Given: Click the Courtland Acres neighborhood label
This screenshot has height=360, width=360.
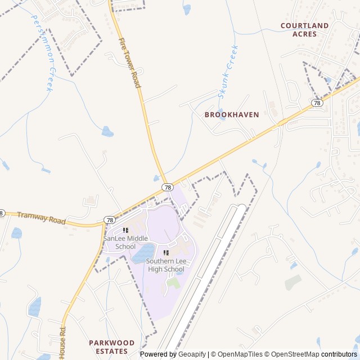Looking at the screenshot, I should (x=304, y=30).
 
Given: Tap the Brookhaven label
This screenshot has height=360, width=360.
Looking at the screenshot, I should (x=232, y=115).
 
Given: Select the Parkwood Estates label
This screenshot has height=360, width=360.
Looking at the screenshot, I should (x=112, y=346).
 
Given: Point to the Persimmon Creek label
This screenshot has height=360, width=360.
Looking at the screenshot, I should (x=42, y=53).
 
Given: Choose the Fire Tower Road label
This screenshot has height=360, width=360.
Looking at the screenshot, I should (x=129, y=62).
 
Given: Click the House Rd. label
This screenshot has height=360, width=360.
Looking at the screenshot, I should (x=62, y=343).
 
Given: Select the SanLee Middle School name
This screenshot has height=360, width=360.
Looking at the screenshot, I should (x=125, y=242).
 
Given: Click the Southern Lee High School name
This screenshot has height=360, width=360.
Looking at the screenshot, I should (x=166, y=265).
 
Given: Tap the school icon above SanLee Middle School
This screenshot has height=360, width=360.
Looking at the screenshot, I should (x=125, y=230).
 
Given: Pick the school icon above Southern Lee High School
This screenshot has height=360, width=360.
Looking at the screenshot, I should (x=166, y=253).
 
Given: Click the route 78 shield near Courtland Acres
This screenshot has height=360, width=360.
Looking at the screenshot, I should (x=317, y=103).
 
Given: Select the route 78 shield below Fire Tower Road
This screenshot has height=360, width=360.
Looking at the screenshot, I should (x=167, y=187).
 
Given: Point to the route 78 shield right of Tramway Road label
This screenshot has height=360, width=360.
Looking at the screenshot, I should (x=110, y=220).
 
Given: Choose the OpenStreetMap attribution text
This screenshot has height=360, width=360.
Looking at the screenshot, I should (x=292, y=354).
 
